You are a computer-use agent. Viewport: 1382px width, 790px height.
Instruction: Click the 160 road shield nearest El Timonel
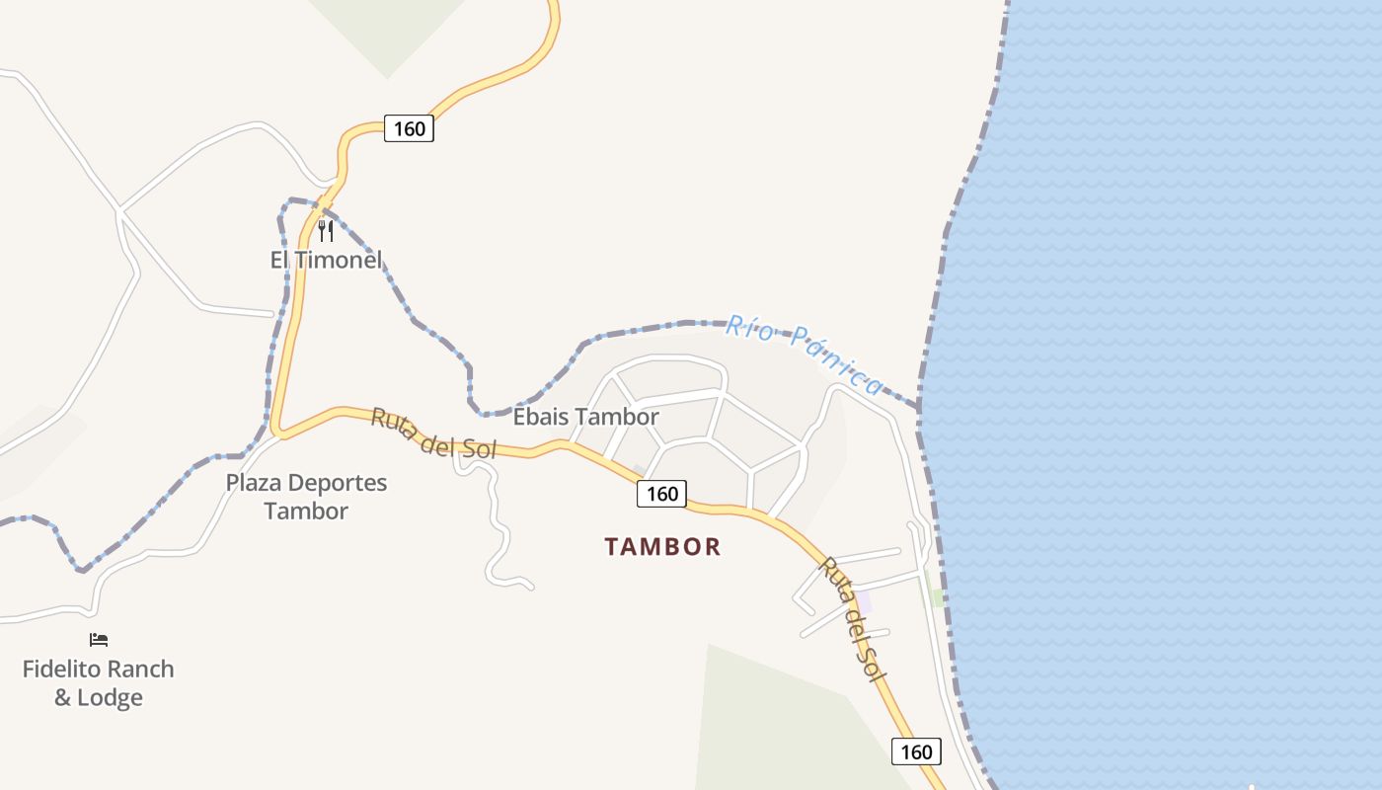point(409,128)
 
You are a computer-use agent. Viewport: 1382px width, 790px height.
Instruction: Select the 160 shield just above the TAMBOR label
point(661,494)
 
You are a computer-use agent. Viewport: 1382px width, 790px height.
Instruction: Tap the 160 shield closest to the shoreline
point(916,751)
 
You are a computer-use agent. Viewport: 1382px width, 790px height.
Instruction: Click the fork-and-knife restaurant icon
point(326,231)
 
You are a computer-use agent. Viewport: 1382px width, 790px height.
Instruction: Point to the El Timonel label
point(326,261)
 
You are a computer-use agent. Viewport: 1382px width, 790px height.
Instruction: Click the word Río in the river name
point(746,326)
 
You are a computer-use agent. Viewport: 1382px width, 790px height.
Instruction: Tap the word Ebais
point(540,418)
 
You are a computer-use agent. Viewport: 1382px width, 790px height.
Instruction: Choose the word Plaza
point(256,483)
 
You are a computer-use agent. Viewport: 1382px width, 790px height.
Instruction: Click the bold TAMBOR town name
point(662,546)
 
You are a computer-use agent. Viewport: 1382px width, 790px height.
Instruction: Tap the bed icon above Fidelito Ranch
point(99,640)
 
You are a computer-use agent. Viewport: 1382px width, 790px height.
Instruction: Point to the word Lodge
point(112,697)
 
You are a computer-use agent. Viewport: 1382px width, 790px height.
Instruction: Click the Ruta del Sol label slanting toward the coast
point(850,619)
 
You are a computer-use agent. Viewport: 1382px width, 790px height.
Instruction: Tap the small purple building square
point(865,601)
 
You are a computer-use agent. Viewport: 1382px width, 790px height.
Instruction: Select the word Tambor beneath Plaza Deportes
point(306,512)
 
